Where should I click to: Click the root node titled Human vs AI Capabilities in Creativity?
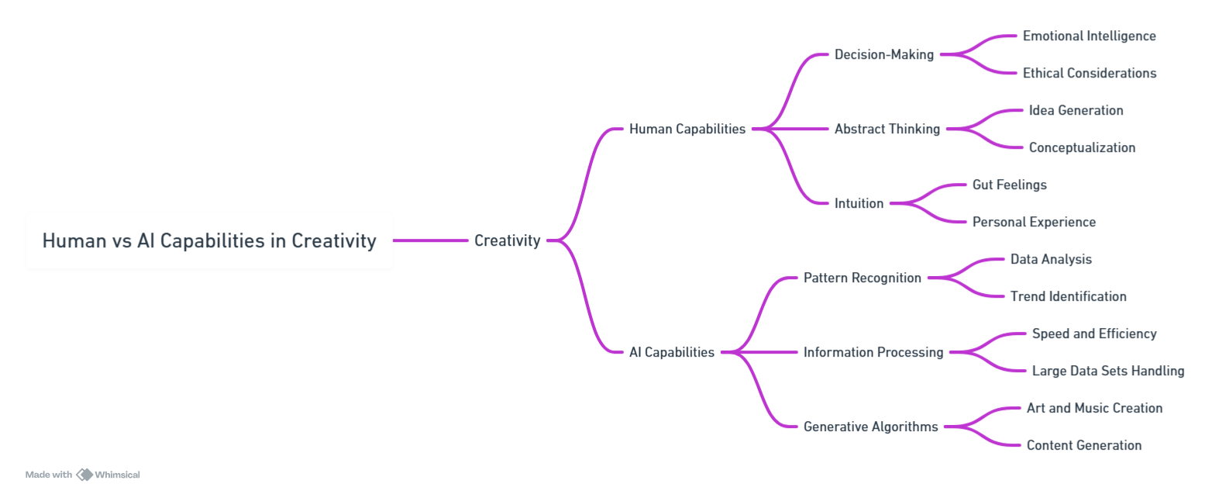click(x=209, y=240)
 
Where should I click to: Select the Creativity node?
click(x=507, y=240)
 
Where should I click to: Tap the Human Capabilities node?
click(x=687, y=129)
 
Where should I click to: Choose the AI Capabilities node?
click(x=672, y=352)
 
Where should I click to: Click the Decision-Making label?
click(x=884, y=54)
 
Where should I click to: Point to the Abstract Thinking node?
click(x=887, y=129)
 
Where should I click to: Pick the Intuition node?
click(x=859, y=203)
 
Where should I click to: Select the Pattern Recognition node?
click(x=863, y=278)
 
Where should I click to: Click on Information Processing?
click(x=873, y=352)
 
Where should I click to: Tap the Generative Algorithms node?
click(x=871, y=427)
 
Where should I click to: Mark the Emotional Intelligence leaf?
click(x=1090, y=36)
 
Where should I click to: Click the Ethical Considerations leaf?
click(x=1090, y=73)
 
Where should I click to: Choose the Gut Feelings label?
click(x=1010, y=185)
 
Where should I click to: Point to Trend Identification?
click(x=1068, y=296)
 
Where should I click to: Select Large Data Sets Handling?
click(x=1108, y=371)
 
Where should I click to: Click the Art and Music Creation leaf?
click(x=1094, y=408)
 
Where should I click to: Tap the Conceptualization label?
click(x=1082, y=147)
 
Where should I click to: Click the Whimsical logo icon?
click(x=84, y=475)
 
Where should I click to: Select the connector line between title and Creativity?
click(x=430, y=240)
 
